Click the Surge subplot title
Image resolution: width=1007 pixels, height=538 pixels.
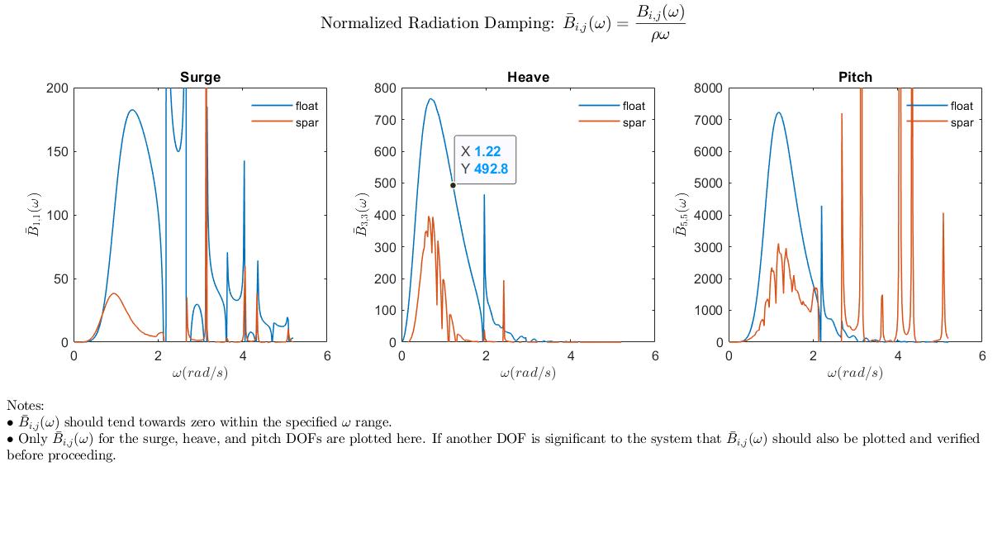[200, 77]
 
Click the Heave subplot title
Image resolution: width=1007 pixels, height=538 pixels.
[528, 77]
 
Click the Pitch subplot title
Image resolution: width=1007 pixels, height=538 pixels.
[855, 77]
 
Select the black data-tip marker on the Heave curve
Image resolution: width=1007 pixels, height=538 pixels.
[453, 185]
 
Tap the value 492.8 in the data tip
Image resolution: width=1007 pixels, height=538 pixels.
[491, 169]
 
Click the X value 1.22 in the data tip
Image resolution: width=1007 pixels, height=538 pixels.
[487, 151]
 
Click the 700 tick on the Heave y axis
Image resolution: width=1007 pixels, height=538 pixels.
[385, 120]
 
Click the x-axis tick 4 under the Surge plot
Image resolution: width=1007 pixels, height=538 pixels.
[243, 356]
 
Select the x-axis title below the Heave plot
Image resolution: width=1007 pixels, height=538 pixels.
[528, 373]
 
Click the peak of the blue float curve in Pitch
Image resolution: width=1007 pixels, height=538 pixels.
[778, 112]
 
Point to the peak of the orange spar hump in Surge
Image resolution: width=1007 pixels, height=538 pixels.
[114, 293]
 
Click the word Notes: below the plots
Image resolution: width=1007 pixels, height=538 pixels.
[26, 405]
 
